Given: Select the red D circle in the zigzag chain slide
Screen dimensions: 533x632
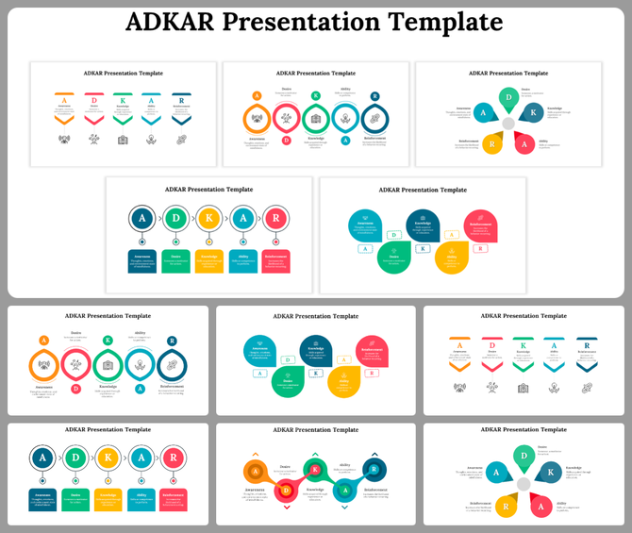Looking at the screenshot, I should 285,490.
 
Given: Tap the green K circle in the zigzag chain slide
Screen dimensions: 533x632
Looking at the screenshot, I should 315,470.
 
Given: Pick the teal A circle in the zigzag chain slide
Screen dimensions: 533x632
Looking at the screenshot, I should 345,490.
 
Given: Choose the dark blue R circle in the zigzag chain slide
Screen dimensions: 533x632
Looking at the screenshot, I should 374,469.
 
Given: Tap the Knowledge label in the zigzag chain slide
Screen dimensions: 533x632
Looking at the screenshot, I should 314,491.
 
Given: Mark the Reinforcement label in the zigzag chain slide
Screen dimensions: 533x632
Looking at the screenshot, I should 375,491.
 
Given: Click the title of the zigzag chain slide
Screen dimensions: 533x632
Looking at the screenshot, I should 316,430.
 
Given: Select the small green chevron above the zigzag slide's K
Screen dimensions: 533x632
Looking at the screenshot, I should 315,454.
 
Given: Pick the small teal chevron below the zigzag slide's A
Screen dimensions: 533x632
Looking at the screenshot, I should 345,508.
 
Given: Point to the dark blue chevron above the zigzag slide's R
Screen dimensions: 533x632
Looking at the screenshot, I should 374,453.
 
